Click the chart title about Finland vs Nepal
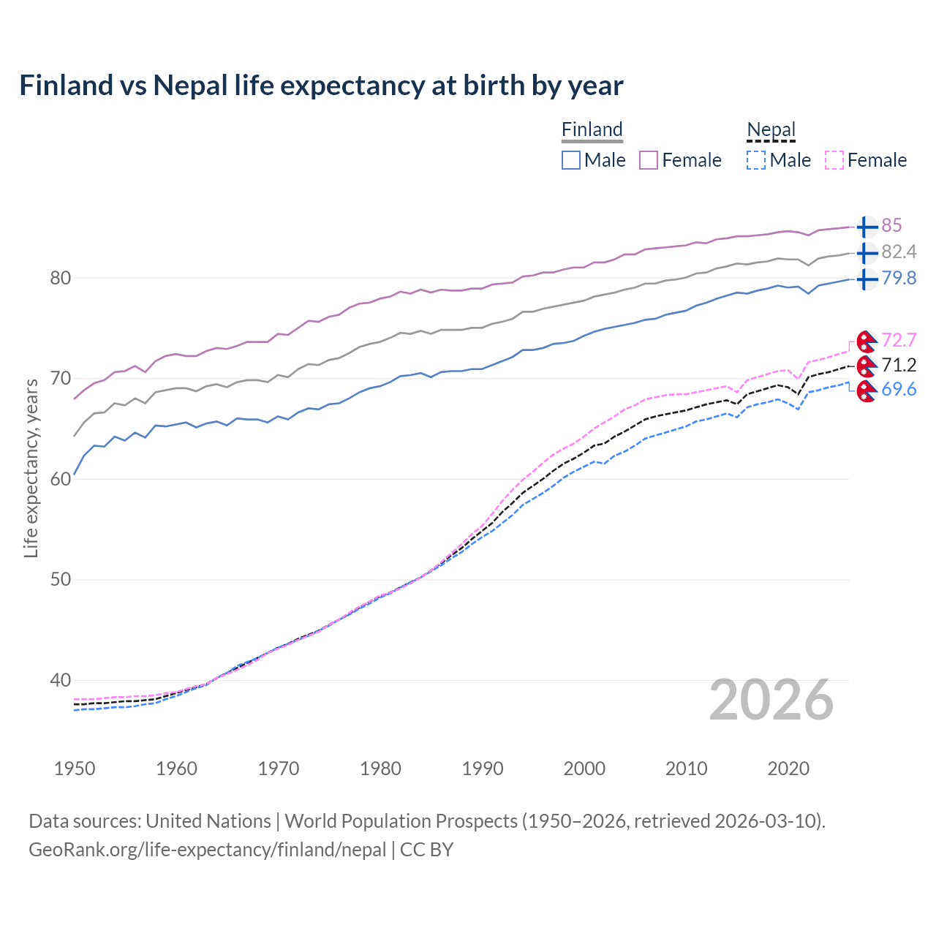click(321, 86)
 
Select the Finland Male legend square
click(571, 160)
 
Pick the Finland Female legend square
click(649, 160)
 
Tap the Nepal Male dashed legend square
click(756, 160)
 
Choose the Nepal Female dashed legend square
click(834, 160)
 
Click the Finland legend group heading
click(592, 129)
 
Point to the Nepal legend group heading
click(771, 129)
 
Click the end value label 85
click(891, 226)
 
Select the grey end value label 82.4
click(899, 252)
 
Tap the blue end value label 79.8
click(899, 279)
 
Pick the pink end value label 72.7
click(899, 341)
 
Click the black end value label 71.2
click(899, 365)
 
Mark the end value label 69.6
click(899, 390)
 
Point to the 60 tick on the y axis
click(61, 479)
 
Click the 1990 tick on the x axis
click(483, 769)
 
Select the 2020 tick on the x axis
click(788, 769)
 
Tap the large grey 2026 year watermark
click(771, 701)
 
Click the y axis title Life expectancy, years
click(31, 468)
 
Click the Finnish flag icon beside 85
click(867, 227)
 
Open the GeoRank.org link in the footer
click(207, 850)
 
